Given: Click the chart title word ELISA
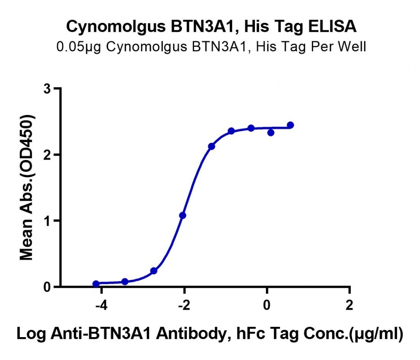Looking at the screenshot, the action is click(x=332, y=27).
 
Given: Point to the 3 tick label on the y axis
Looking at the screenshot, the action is click(x=47, y=89).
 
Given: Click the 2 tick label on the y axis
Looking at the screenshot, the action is click(x=47, y=155).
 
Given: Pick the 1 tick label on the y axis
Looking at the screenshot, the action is click(x=47, y=221).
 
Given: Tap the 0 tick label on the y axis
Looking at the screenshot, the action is click(x=47, y=287).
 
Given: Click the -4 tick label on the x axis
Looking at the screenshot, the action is click(x=101, y=305).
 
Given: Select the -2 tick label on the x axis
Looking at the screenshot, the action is click(x=184, y=305).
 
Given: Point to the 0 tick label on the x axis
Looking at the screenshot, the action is click(x=267, y=305).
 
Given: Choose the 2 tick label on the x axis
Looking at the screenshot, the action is click(x=349, y=305).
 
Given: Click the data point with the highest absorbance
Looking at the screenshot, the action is click(x=290, y=125).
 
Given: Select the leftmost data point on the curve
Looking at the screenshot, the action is click(x=96, y=284).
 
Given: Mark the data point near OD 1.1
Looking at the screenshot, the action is click(x=183, y=215).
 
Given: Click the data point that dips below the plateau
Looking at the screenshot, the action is click(x=271, y=132).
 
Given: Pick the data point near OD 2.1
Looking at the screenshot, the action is click(x=212, y=147).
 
